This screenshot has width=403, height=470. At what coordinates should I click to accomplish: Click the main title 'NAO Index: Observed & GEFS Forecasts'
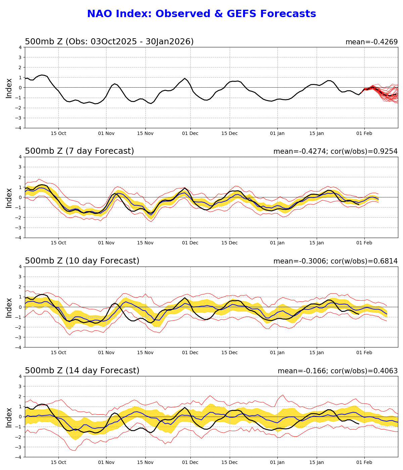point(201,14)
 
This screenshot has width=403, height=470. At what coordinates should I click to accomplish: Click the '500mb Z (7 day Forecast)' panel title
point(79,151)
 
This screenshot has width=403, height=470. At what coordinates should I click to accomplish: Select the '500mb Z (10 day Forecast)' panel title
point(82,261)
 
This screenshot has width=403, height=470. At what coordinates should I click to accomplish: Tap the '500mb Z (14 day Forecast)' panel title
point(82,371)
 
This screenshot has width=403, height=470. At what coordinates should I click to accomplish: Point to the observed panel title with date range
point(109,42)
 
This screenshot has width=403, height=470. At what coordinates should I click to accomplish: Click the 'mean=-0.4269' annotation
point(371,42)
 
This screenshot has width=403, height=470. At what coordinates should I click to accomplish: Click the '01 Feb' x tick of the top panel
point(364,133)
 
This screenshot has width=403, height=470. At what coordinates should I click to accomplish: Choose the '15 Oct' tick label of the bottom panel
point(58,463)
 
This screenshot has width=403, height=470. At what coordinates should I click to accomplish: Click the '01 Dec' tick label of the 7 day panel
point(190,243)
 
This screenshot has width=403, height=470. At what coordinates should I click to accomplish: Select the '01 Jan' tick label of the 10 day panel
point(277,353)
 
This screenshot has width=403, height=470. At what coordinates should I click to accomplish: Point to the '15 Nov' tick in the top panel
point(145,133)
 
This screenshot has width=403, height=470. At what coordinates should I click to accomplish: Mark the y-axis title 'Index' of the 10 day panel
point(9,307)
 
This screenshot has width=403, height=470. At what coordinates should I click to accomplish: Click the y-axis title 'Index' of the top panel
point(9,88)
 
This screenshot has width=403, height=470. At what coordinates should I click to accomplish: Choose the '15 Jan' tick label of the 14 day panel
point(316,463)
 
